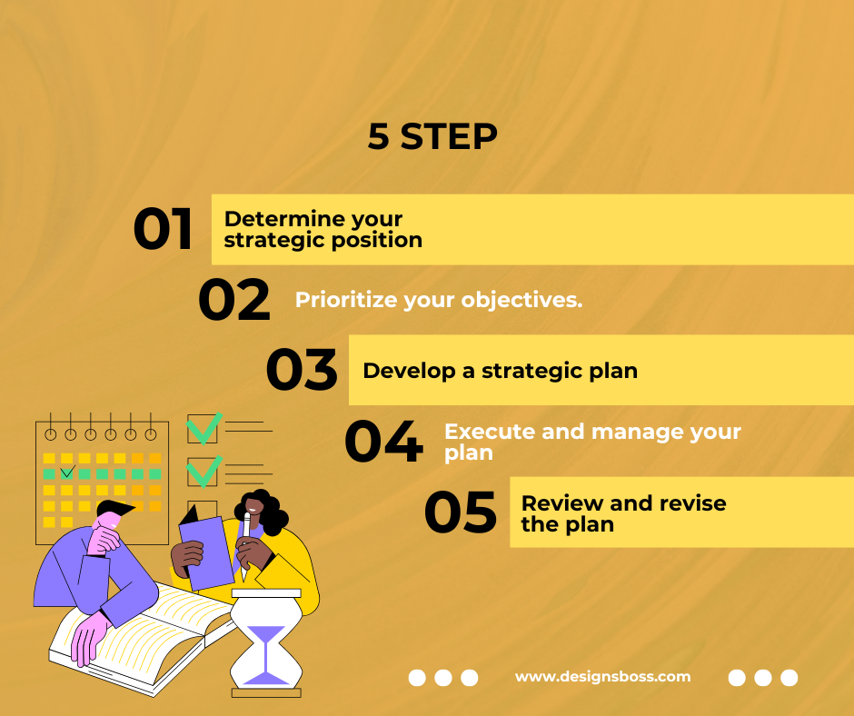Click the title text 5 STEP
(432, 136)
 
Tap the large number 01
(163, 229)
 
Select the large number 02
(234, 299)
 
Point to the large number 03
(302, 370)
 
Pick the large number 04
(384, 441)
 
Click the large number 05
(461, 512)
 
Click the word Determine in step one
(284, 219)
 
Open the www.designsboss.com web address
(603, 677)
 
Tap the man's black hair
(115, 509)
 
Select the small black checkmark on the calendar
(67, 472)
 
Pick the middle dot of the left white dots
(442, 678)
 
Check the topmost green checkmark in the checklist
(204, 428)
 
